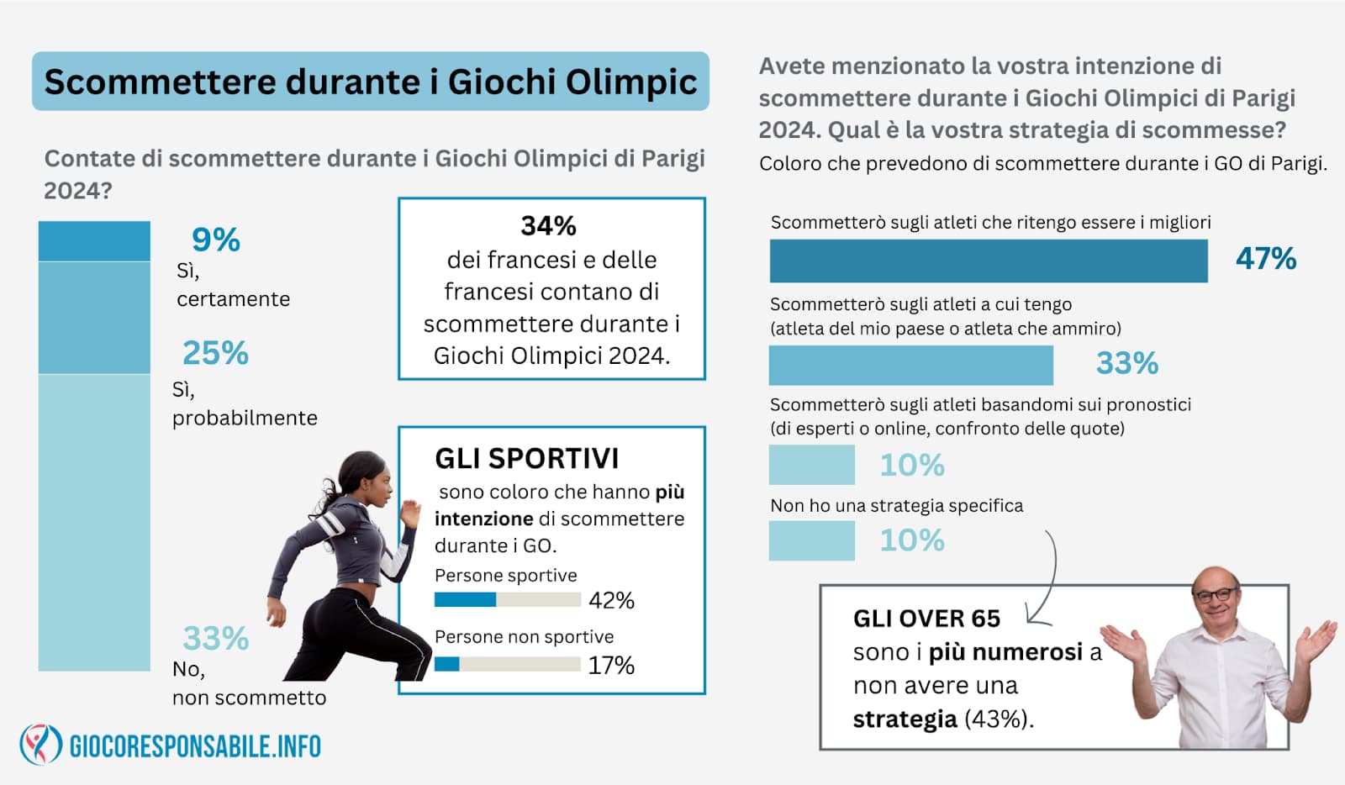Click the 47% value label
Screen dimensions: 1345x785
click(x=1266, y=259)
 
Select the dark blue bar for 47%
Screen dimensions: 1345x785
click(x=989, y=261)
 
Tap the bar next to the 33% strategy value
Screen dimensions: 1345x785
click(x=911, y=365)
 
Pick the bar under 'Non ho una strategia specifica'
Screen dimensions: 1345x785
click(x=812, y=540)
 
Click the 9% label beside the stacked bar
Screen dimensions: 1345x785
click(x=215, y=240)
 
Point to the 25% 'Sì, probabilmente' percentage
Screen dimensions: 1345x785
click(x=215, y=352)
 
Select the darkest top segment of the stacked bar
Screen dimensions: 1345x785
click(x=94, y=241)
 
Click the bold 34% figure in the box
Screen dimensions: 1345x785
click(x=548, y=226)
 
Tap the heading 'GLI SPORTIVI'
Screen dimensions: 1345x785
click(x=526, y=459)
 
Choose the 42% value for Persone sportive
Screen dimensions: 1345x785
click(x=611, y=600)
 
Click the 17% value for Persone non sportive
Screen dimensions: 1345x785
click(x=611, y=666)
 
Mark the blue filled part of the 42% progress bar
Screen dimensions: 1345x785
click(x=466, y=599)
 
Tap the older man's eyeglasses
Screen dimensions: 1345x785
click(x=1216, y=595)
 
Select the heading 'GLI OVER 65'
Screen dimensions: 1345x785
click(x=926, y=619)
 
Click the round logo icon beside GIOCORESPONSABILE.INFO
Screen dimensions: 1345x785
click(x=41, y=745)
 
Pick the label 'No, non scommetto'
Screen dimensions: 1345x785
click(x=249, y=683)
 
